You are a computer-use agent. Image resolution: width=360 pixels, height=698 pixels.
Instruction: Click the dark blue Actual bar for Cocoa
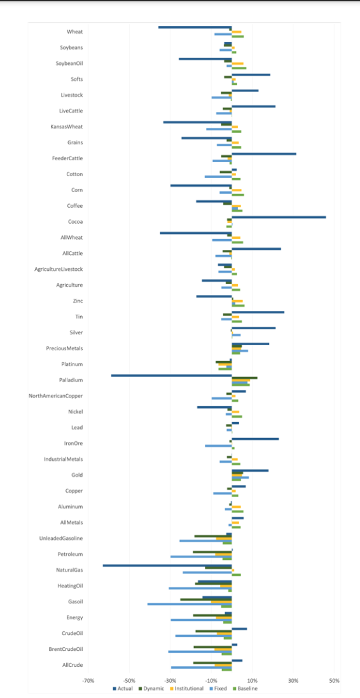(279, 217)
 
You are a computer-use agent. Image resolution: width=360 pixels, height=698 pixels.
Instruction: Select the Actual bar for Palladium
(171, 376)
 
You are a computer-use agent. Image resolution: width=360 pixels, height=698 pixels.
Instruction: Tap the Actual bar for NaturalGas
(167, 565)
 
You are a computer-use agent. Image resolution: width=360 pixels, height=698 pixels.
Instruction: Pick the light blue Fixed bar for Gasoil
(189, 605)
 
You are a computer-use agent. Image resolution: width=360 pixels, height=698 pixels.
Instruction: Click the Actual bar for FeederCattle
(263, 154)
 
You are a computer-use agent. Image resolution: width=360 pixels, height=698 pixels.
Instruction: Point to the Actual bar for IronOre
(254, 439)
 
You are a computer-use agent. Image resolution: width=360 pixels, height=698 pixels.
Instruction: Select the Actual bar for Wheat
(195, 27)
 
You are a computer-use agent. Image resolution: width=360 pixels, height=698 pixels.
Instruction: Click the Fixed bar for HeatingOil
(200, 589)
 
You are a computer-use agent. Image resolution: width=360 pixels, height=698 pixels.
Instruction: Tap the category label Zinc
(78, 301)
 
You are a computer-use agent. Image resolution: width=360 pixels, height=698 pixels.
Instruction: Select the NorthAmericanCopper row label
(56, 396)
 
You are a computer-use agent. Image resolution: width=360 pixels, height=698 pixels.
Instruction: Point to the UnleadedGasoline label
(61, 538)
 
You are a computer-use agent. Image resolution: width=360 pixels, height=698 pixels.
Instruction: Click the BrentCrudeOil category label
(66, 649)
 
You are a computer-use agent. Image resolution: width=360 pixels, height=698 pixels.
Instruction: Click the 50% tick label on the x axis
(335, 680)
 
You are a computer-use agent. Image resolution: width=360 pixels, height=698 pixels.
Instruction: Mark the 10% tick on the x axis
(253, 680)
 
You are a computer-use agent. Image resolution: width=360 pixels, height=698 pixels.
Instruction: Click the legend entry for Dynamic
(153, 688)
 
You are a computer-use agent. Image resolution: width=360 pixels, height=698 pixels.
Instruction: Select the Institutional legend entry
(188, 688)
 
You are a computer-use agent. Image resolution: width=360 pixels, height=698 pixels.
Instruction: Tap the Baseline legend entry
(247, 688)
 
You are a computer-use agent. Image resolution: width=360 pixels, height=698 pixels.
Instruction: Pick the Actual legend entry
(125, 688)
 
